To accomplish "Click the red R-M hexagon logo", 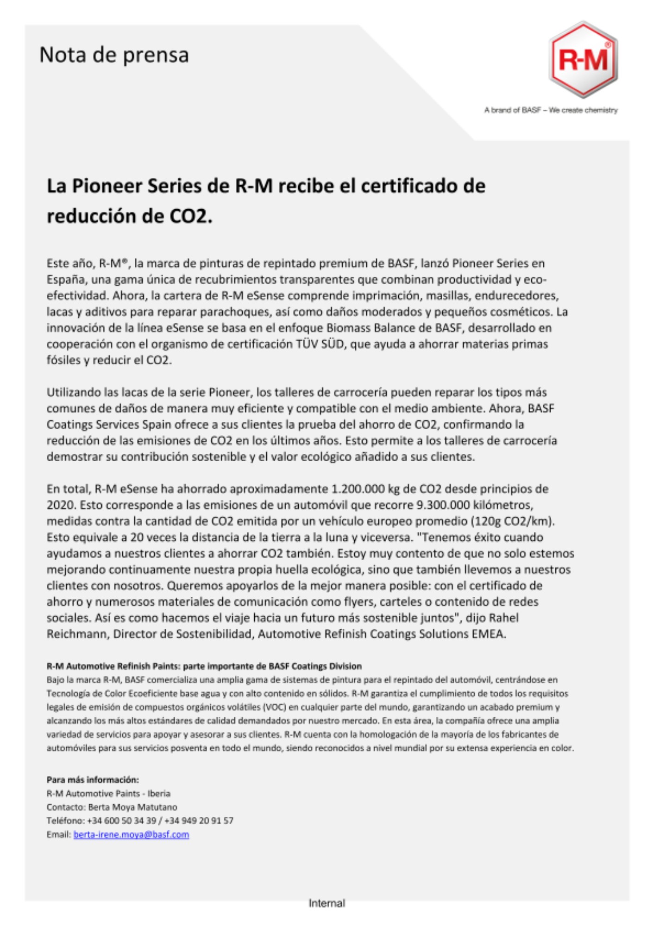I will coord(584,60).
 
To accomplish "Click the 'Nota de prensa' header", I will coord(114,55).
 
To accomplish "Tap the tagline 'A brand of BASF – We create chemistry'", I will coord(551,110).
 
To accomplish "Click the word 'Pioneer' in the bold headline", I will coord(106,186).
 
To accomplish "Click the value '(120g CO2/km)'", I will coord(512,521).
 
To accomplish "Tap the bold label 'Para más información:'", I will coord(93,780).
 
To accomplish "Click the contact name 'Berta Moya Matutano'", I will coord(132,807).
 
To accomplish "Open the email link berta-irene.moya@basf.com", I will coord(131,834).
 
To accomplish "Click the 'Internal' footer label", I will coord(326,903).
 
